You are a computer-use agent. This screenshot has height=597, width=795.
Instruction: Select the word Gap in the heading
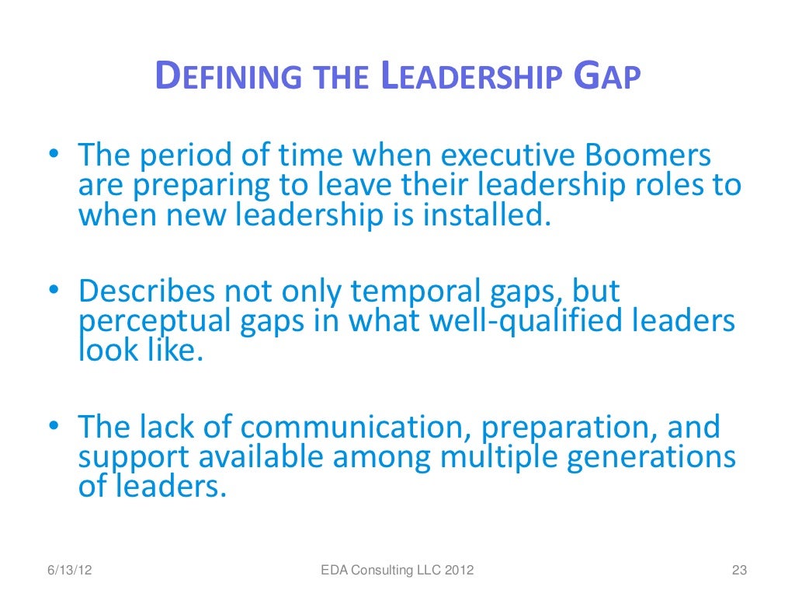tap(607, 78)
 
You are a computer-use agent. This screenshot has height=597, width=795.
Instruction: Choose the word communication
tap(356, 428)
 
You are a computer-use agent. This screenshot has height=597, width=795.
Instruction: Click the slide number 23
tap(739, 571)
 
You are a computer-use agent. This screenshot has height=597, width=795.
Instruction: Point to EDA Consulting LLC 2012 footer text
tap(397, 571)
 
